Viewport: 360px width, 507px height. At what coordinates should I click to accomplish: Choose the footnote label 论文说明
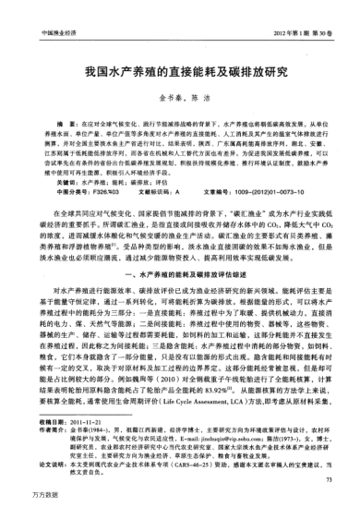[44, 460]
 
